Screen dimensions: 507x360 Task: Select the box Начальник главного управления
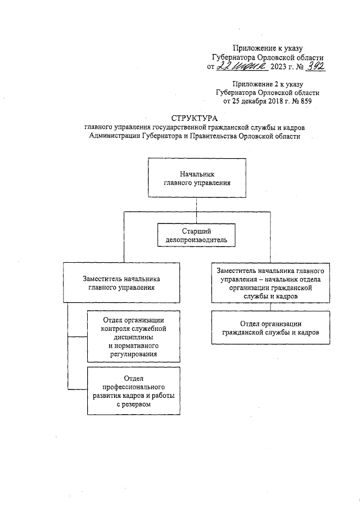click(x=197, y=178)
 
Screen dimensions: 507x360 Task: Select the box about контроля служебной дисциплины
click(x=133, y=337)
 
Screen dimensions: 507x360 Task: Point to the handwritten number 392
click(x=314, y=66)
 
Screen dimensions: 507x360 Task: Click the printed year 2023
click(x=278, y=68)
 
